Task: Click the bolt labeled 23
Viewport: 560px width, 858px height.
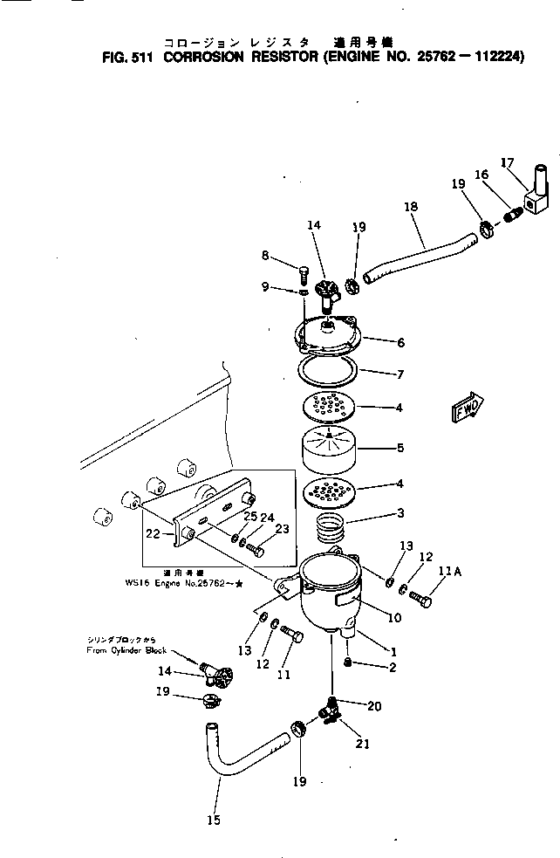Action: (256, 550)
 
